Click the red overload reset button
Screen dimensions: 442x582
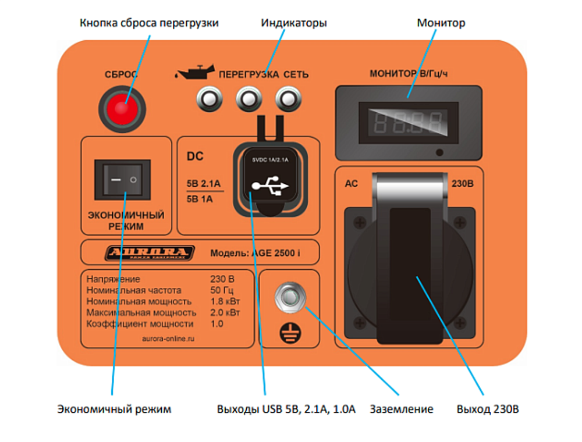tap(122, 108)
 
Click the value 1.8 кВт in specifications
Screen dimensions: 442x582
tap(225, 301)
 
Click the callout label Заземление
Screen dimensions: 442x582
tap(402, 409)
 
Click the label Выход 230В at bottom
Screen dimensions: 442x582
tap(487, 409)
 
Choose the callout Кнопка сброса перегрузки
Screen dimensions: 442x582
tap(149, 23)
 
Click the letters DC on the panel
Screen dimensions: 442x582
tap(194, 156)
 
